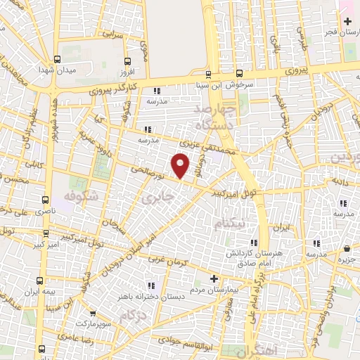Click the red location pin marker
click(181, 165)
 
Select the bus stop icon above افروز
click(127, 61)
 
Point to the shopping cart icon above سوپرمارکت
click(93, 314)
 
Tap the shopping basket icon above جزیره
click(347, 249)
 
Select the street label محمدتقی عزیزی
click(207, 150)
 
